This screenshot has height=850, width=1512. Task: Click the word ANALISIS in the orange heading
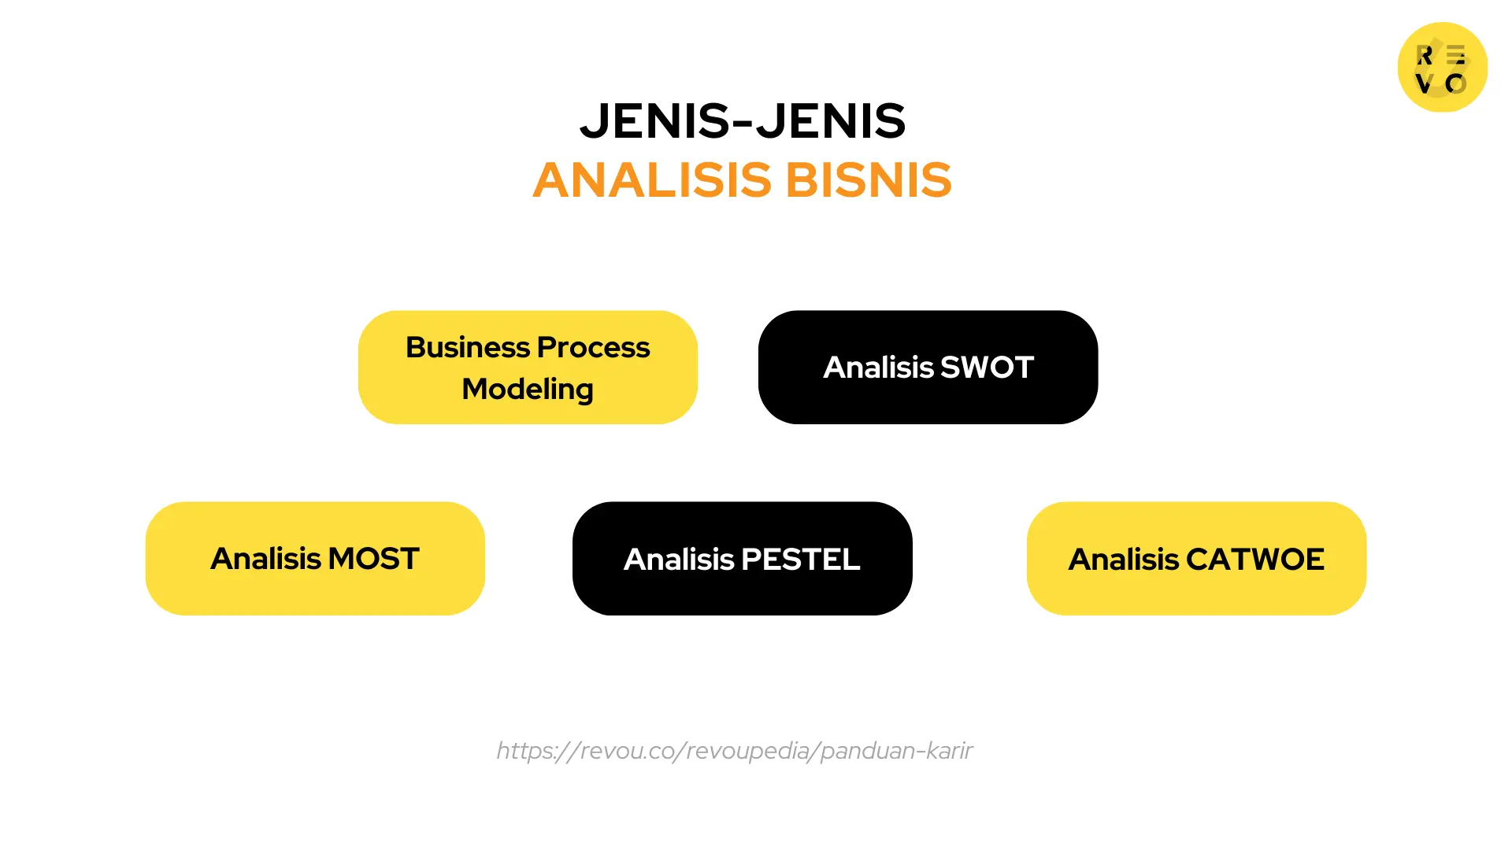click(652, 180)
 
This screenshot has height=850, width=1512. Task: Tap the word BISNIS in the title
click(869, 180)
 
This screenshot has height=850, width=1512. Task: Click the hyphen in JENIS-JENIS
click(743, 123)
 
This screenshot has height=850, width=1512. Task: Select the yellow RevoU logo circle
click(1442, 67)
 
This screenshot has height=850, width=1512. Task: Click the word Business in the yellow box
click(467, 347)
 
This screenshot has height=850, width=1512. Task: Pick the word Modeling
click(528, 390)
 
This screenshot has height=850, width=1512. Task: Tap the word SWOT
click(987, 368)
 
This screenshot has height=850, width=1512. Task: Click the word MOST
click(373, 559)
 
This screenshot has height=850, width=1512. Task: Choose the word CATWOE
click(1255, 560)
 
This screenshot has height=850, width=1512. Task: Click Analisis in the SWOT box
click(878, 368)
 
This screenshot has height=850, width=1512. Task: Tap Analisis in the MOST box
click(265, 559)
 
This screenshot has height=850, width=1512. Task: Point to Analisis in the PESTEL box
click(679, 560)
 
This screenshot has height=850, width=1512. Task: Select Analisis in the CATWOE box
click(1123, 560)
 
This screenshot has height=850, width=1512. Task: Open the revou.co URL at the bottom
click(734, 751)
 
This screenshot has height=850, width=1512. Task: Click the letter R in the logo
click(1425, 55)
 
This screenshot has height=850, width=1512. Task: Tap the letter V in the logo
click(1424, 83)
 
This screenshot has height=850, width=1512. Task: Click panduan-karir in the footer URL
click(896, 751)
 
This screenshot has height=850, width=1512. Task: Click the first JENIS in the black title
click(655, 122)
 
